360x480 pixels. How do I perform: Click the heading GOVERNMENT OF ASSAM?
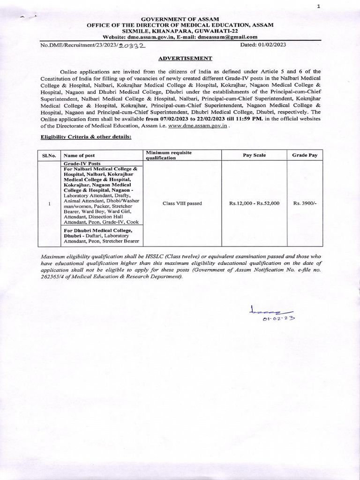(x=180, y=18)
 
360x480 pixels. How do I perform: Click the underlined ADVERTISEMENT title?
(x=180, y=58)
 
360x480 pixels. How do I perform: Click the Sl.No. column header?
(x=49, y=155)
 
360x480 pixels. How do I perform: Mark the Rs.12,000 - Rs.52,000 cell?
(x=254, y=203)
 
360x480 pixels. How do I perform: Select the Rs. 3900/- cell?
(x=304, y=203)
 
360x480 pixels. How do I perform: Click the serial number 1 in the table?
(x=49, y=203)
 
